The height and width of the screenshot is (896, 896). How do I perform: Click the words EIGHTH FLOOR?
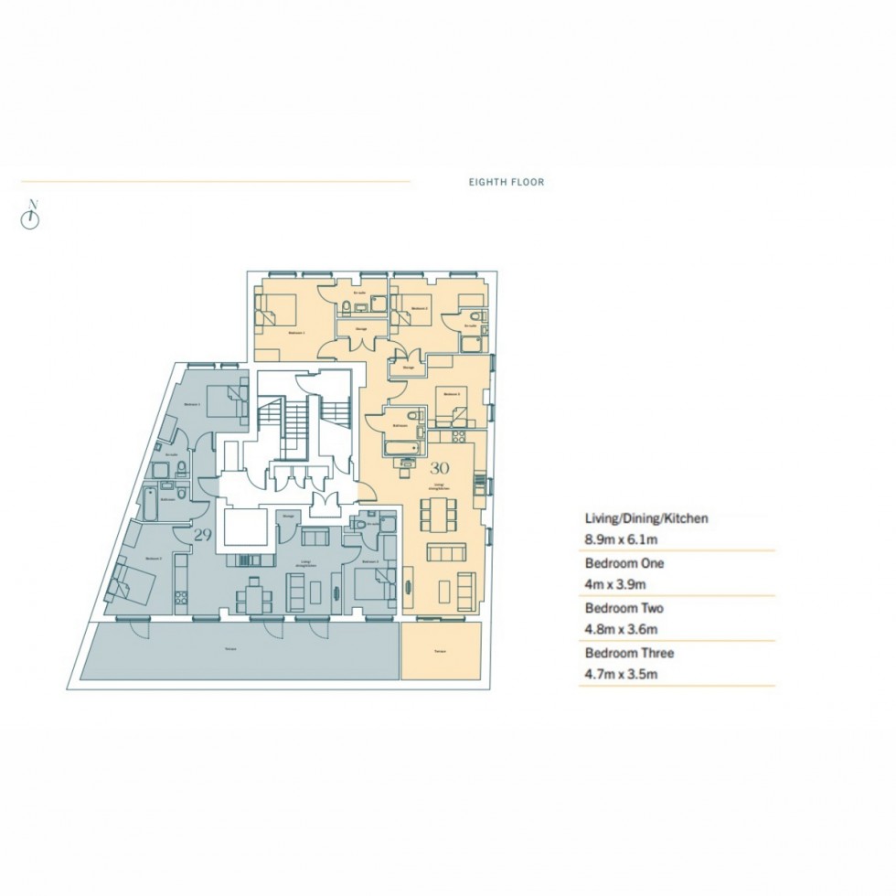506,182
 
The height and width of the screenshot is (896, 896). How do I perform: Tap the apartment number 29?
202,535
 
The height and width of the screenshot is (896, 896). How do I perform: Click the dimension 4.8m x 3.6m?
622,629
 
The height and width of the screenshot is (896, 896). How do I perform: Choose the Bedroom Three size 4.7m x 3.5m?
622,675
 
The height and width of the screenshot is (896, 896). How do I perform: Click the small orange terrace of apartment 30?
440,651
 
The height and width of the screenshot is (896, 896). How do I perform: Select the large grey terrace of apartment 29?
240,651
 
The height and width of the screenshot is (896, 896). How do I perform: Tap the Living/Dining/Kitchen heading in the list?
645,517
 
